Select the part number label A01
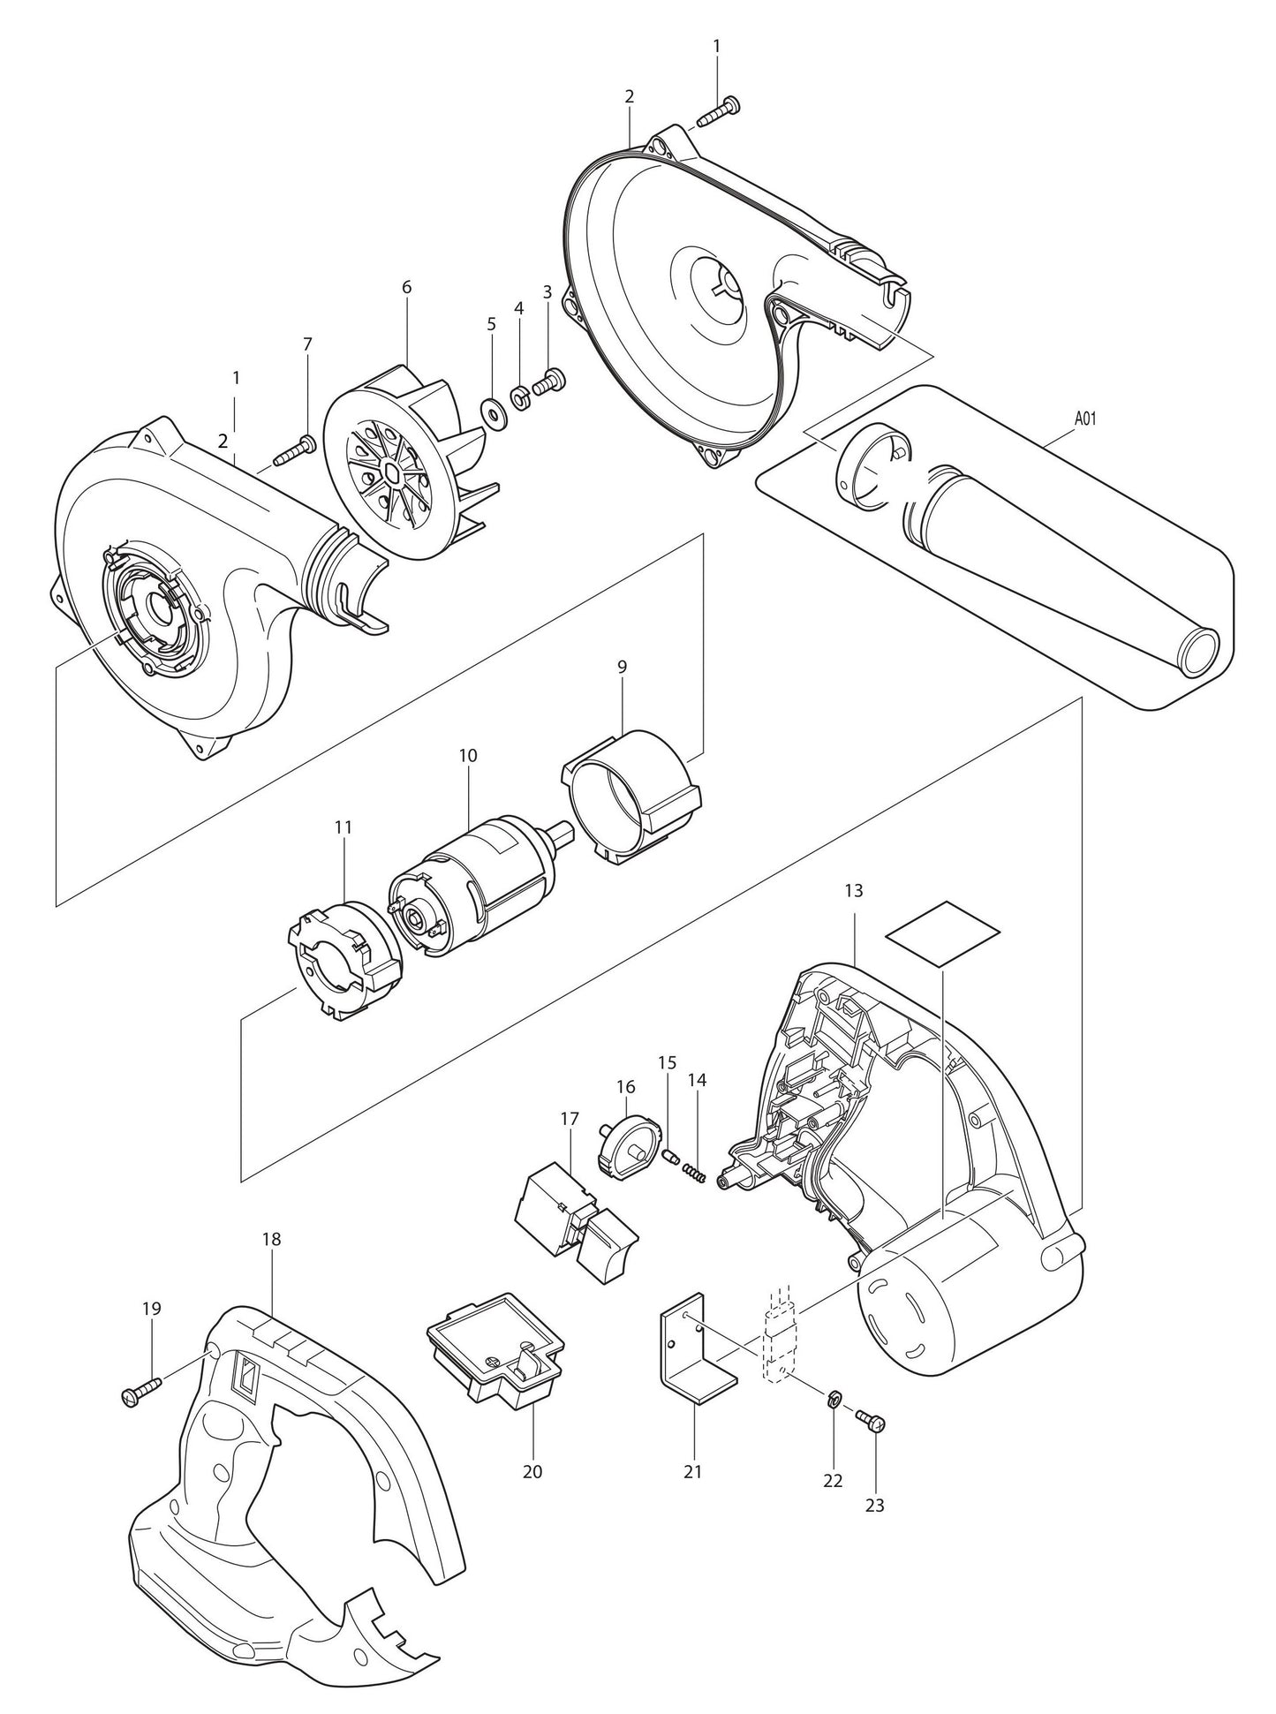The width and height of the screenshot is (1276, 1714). point(1085,419)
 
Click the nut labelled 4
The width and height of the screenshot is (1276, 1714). point(520,393)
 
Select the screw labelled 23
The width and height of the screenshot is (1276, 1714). point(872,1419)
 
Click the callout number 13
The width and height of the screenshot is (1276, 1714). point(853,891)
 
